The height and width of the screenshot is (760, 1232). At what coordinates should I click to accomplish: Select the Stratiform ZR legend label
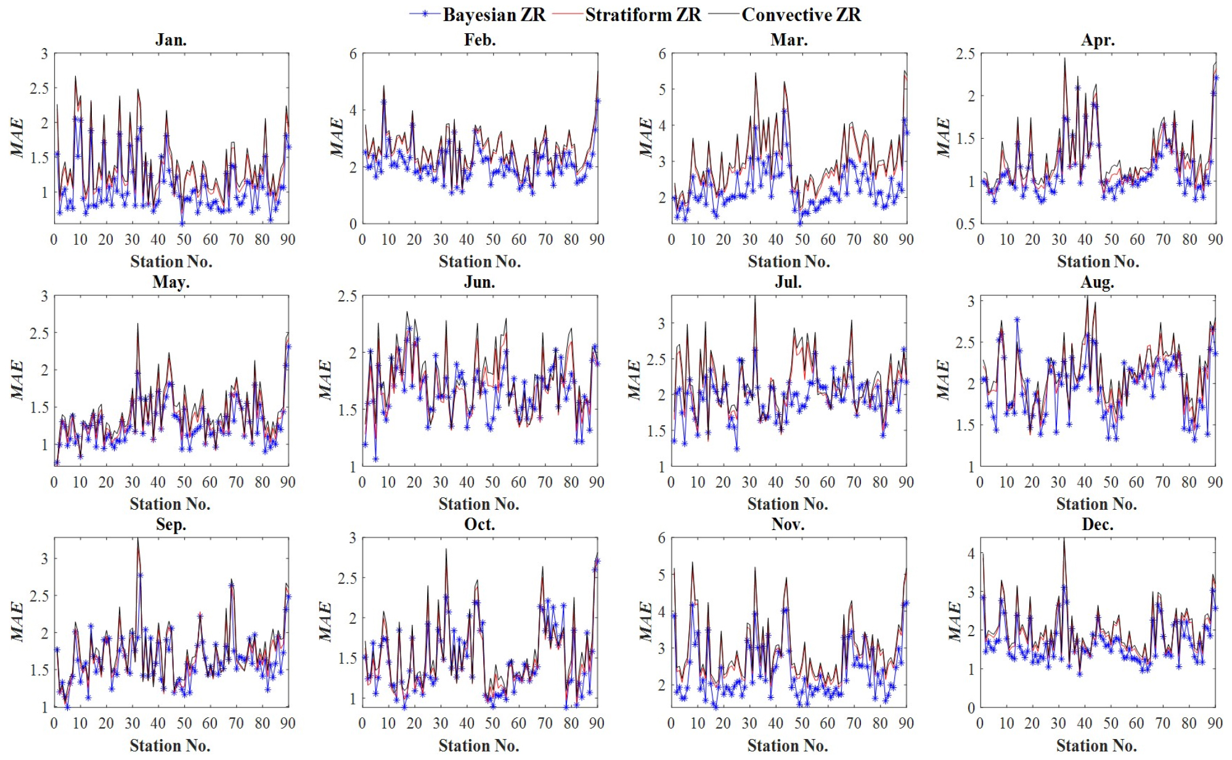pyautogui.click(x=643, y=14)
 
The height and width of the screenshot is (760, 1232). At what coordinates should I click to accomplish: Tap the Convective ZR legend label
pyautogui.click(x=801, y=14)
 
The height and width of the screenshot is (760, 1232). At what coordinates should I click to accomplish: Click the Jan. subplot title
pyautogui.click(x=171, y=40)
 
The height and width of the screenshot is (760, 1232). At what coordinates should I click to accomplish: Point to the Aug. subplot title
pyautogui.click(x=1097, y=282)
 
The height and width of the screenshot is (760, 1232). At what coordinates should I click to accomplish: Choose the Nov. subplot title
pyautogui.click(x=788, y=525)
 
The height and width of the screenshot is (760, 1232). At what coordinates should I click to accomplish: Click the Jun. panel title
pyautogui.click(x=479, y=282)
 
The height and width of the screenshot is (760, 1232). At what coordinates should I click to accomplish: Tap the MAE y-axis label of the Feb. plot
pyautogui.click(x=337, y=137)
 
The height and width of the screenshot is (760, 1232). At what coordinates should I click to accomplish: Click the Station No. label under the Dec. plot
pyautogui.click(x=1096, y=746)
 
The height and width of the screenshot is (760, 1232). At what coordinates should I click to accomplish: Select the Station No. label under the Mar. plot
pyautogui.click(x=788, y=261)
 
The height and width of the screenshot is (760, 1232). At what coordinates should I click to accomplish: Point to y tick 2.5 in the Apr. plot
pyautogui.click(x=965, y=54)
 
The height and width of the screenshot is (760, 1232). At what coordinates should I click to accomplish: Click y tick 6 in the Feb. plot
pyautogui.click(x=353, y=54)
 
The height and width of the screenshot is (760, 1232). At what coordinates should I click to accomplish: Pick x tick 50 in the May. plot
pyautogui.click(x=184, y=482)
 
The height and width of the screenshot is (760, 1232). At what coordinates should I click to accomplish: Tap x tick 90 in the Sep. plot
pyautogui.click(x=288, y=723)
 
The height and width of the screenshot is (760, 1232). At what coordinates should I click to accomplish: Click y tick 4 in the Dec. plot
pyautogui.click(x=971, y=554)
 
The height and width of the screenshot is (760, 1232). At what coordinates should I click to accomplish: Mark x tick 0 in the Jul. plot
pyautogui.click(x=671, y=482)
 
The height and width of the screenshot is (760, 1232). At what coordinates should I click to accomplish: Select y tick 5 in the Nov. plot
pyautogui.click(x=662, y=574)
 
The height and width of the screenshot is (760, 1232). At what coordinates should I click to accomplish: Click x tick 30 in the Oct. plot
pyautogui.click(x=440, y=723)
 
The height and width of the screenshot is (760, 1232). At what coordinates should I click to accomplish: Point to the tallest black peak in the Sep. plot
pyautogui.click(x=137, y=539)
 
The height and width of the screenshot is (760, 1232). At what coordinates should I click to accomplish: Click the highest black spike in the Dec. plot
pyautogui.click(x=1063, y=539)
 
